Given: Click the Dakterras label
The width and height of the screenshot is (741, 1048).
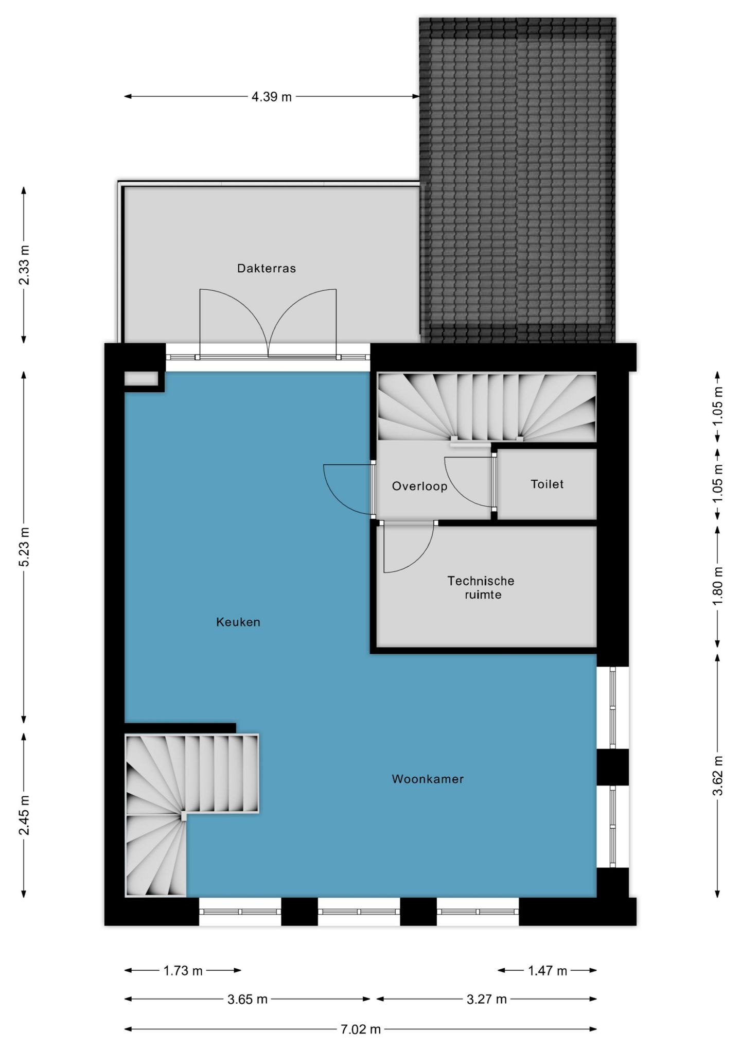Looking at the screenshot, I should click(x=266, y=268).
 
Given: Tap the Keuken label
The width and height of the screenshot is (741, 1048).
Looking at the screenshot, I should click(x=238, y=622).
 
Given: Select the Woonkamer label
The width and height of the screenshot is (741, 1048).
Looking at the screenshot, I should click(x=427, y=779).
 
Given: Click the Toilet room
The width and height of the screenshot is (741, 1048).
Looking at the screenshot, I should click(x=547, y=484).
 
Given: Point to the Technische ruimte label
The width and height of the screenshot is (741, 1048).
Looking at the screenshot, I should click(x=481, y=587).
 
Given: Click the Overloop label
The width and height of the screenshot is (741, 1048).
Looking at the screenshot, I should click(x=419, y=486).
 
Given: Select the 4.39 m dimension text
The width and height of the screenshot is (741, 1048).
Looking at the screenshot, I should click(x=271, y=97).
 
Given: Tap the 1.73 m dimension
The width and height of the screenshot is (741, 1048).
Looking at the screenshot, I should click(x=183, y=971).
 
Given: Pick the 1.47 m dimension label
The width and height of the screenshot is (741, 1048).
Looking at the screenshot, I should click(x=547, y=971).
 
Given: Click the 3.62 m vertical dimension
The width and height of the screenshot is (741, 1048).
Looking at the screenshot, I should click(x=718, y=775).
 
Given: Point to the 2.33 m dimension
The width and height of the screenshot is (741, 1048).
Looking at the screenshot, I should click(x=24, y=265).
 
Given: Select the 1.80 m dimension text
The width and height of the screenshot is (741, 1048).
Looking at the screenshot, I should click(x=718, y=586).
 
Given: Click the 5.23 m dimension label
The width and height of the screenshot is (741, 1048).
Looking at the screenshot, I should click(x=24, y=547).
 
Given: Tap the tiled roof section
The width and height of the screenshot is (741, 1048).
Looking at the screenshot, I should click(x=517, y=180).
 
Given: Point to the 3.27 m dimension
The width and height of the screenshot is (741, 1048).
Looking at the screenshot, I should click(x=486, y=999).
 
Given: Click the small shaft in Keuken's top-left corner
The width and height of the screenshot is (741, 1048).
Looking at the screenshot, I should click(x=141, y=379).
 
